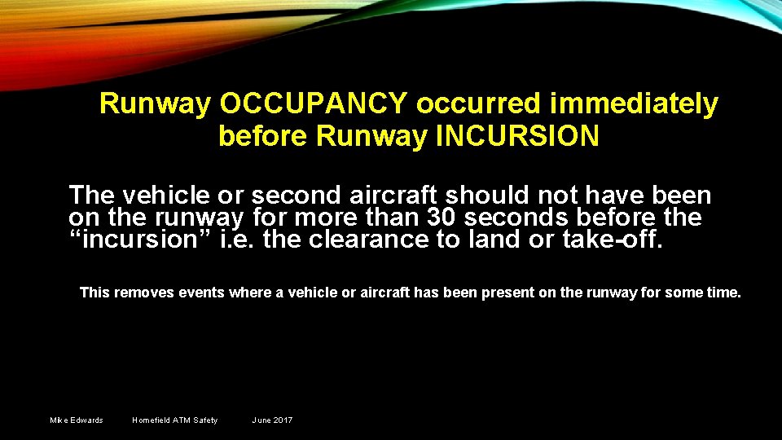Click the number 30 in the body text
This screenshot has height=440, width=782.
click(x=441, y=218)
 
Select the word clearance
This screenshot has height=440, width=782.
click(x=393, y=240)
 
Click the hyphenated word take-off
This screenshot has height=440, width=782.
click(x=619, y=240)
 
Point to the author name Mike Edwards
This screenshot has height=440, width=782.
click(x=77, y=420)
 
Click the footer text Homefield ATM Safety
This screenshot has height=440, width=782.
click(x=175, y=420)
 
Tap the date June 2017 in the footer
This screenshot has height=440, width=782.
click(x=272, y=420)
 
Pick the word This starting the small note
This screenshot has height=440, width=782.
click(x=94, y=293)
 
